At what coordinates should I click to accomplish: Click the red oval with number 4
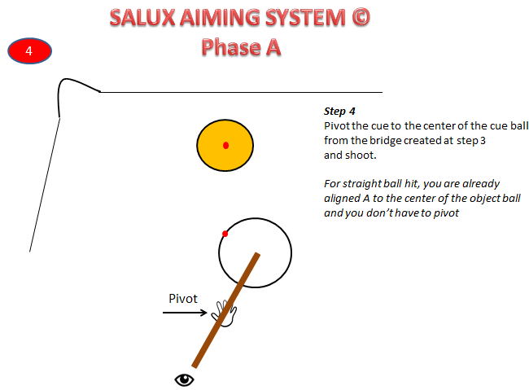pyautogui.click(x=30, y=51)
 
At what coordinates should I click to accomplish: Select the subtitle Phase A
pyautogui.click(x=242, y=46)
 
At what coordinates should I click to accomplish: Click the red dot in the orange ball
pyautogui.click(x=226, y=146)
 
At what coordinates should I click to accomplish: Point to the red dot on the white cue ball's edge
pyautogui.click(x=225, y=234)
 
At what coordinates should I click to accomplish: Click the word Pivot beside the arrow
pyautogui.click(x=183, y=298)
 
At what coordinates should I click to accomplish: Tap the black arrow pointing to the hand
pyautogui.click(x=187, y=312)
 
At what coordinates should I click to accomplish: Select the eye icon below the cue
pyautogui.click(x=186, y=379)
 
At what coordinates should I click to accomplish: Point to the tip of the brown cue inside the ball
pyautogui.click(x=257, y=256)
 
